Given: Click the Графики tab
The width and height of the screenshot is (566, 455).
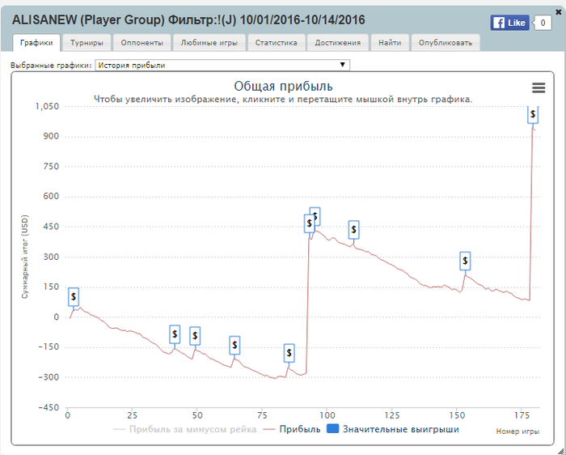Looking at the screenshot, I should pos(37,43).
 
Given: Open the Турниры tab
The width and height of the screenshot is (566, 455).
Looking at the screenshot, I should pos(87,43).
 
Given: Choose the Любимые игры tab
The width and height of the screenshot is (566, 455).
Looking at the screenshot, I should pos(209,43).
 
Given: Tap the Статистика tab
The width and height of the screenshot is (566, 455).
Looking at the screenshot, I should pos(276,43).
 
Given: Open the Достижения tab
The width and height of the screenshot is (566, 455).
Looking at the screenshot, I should pos(338,43).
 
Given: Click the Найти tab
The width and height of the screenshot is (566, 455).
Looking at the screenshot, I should pos(390,43).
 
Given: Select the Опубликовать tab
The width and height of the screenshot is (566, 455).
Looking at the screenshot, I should pos(446,43).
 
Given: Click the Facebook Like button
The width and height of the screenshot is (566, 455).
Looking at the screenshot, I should pos(509,23).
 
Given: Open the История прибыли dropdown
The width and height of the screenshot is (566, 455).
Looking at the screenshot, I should pos(222,65).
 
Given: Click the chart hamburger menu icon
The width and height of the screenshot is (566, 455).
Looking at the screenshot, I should pos(539,87).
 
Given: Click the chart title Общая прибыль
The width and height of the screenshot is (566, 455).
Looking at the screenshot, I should pos(283,86).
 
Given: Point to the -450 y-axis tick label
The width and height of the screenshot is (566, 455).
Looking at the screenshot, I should pos(49,407).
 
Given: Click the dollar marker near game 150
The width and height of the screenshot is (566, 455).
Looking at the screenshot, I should pos(465,261).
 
